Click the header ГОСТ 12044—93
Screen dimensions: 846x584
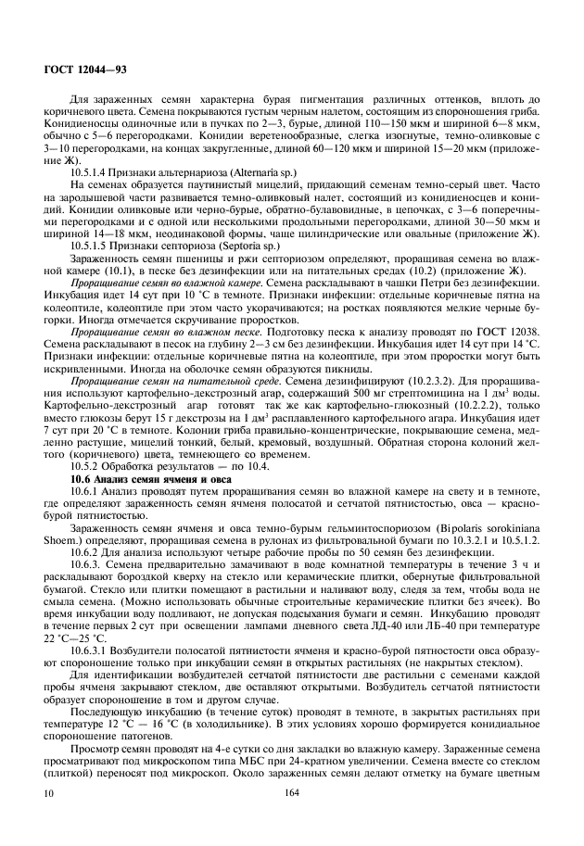click(x=73, y=70)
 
